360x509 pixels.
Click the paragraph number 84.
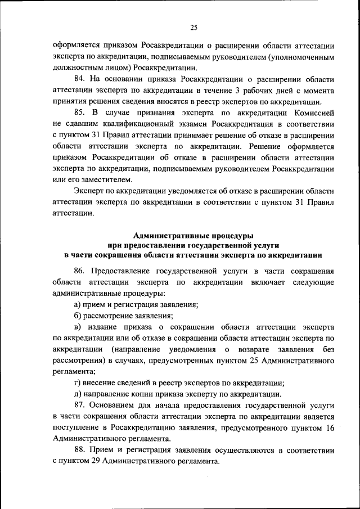(x=79, y=79)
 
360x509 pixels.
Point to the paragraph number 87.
(x=79, y=405)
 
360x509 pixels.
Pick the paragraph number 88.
(x=79, y=451)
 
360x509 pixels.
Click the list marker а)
(x=78, y=304)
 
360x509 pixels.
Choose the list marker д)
(x=78, y=394)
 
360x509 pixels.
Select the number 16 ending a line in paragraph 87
(x=330, y=427)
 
